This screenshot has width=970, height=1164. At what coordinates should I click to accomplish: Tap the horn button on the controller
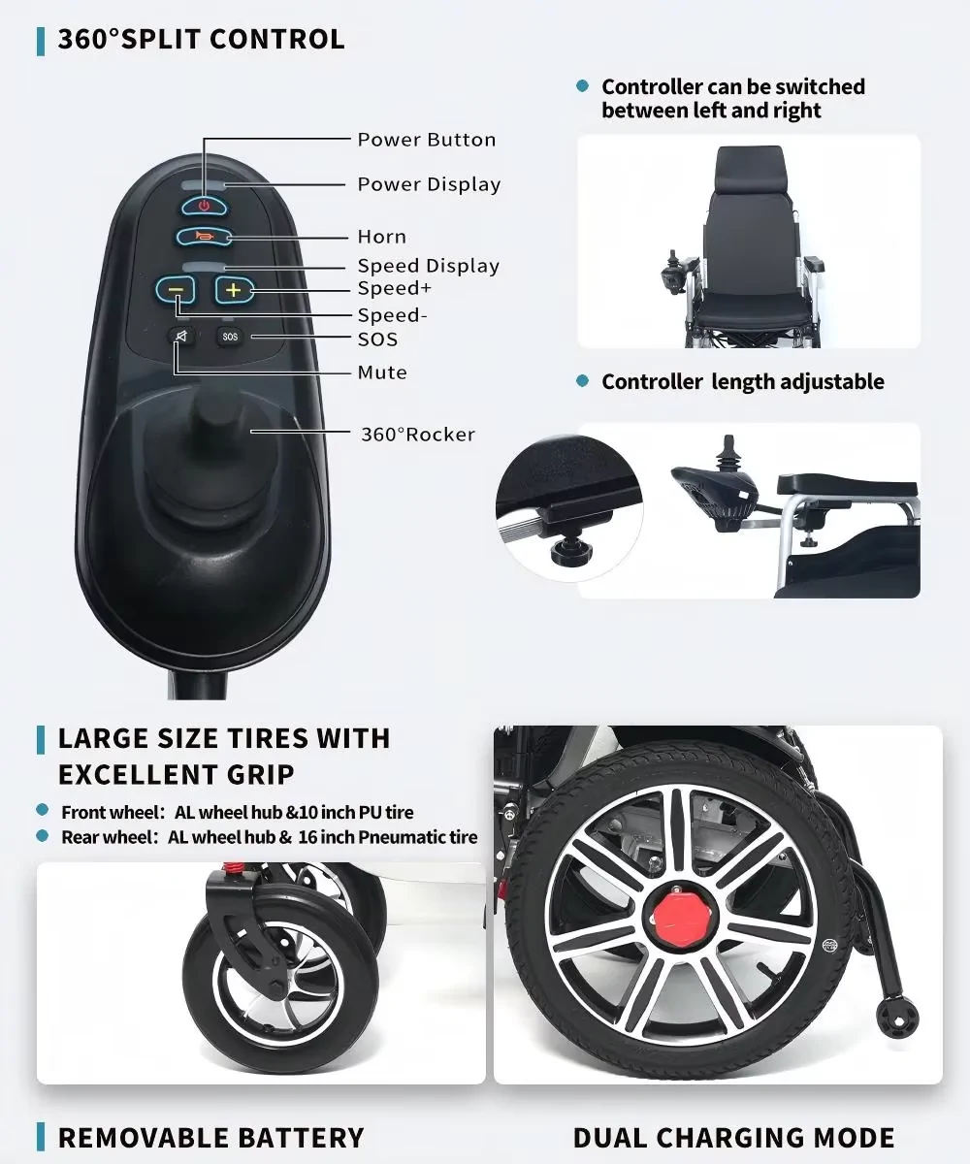(204, 237)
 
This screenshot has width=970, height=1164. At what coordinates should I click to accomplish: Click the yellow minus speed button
(175, 290)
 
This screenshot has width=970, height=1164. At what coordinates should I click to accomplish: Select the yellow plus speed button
(234, 290)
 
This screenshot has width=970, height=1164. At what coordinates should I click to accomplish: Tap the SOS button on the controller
(230, 337)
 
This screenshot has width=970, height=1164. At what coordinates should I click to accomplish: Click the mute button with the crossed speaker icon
(181, 336)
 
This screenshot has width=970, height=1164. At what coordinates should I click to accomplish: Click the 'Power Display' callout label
(430, 184)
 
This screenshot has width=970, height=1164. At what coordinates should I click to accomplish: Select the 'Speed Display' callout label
(428, 266)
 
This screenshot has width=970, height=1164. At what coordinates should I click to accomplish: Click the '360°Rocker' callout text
(418, 435)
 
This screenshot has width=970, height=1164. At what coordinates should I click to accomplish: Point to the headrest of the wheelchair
(750, 170)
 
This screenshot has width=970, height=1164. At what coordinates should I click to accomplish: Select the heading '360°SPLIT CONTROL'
(201, 40)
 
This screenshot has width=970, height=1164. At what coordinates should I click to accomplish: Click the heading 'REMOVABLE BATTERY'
(210, 1138)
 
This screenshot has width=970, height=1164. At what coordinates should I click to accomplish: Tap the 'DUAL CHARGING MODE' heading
(733, 1138)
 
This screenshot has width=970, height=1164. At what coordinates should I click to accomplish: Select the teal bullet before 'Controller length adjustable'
(582, 381)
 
